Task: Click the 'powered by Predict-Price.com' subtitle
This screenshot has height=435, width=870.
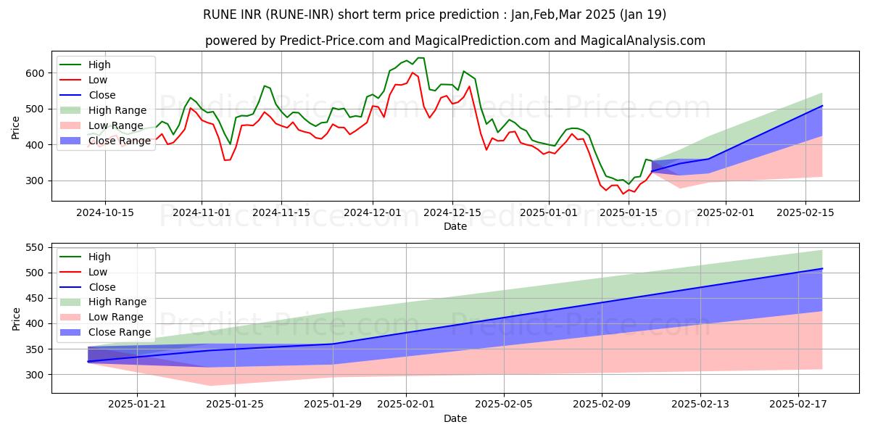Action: tap(455, 41)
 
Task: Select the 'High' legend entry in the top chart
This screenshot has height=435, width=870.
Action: tap(99, 65)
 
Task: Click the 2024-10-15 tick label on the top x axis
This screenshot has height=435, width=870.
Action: tap(104, 212)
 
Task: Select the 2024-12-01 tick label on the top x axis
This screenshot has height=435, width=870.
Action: tap(373, 212)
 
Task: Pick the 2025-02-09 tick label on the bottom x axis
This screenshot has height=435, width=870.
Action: tap(602, 404)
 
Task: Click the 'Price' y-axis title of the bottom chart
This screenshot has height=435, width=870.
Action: tap(16, 318)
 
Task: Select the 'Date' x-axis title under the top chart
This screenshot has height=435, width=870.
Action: tap(455, 226)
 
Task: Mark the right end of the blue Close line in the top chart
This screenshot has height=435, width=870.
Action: tap(822, 106)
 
